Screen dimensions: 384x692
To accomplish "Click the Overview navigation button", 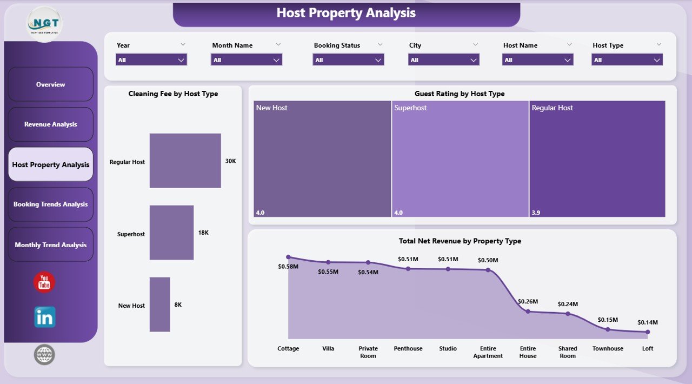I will coord(51,84).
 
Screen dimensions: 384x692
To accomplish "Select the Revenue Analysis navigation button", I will coord(51,124).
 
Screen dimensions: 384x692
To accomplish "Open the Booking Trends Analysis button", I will coord(51,204).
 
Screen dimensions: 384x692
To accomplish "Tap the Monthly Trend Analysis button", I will coord(51,245).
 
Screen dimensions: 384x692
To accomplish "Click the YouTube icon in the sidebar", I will coord(44,282).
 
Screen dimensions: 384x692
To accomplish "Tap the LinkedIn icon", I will coord(44,317).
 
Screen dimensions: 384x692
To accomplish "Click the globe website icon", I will coord(44,355).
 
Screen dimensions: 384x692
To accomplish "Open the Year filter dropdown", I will coord(151,60).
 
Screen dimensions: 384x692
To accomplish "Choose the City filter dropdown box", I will coord(443,60).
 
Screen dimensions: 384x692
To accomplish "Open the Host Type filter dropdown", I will coord(627,60).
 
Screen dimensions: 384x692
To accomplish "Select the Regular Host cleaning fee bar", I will coord(185,161).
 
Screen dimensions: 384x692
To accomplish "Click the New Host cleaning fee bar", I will coord(160,304).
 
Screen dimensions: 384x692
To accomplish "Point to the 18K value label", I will coord(203,233).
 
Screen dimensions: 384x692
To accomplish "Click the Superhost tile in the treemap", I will coord(460,159).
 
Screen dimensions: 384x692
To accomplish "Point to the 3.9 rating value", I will coord(536,213).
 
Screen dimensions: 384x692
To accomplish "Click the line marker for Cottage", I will coord(288,257).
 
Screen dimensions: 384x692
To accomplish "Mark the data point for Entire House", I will coord(528,311).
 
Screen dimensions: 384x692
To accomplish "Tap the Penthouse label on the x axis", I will coord(408,349).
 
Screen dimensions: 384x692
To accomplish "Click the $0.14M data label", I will coord(648,322).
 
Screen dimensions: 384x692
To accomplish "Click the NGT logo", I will coord(44,24).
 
